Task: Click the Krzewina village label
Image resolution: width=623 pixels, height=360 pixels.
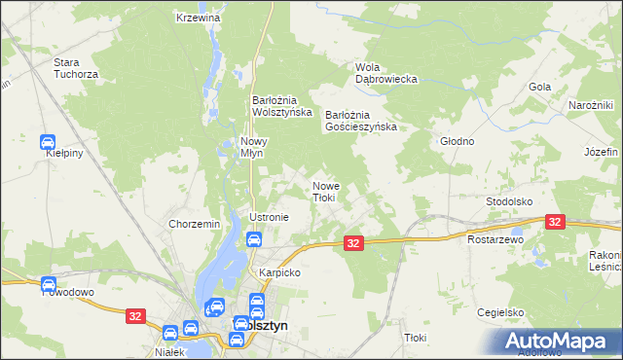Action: pos(199,18)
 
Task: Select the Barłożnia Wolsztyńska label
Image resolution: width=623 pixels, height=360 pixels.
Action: pos(281,105)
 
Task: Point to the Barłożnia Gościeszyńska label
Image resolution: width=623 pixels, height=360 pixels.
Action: pos(361,120)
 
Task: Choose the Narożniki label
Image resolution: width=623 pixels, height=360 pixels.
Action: pos(590,105)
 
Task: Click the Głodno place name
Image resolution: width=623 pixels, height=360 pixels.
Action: pos(458,141)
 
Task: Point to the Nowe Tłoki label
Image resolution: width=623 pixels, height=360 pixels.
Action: pos(324,191)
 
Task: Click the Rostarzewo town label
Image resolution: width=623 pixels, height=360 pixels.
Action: pos(495,238)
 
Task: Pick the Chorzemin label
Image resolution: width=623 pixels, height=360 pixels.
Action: pos(195,224)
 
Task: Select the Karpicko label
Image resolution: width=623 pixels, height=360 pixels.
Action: pos(279,272)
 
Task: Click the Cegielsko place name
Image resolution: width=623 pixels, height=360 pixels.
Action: pos(501,312)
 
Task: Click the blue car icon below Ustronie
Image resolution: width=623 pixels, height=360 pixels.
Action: pos(253,239)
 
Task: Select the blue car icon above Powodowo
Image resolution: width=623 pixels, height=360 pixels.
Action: pos(49,284)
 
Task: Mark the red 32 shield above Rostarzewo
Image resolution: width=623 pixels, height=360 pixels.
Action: pos(556,223)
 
